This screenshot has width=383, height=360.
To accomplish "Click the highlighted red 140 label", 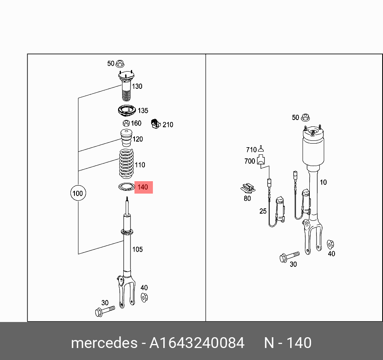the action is click(x=143, y=187).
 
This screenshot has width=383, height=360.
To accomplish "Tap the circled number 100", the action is click(x=77, y=194).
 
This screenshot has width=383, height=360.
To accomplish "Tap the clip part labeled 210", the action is click(x=155, y=124).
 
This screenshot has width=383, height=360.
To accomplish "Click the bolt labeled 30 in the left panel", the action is click(x=104, y=310).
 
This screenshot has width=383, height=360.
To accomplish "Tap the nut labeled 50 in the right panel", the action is click(x=305, y=118).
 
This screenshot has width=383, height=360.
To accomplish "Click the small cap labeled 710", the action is click(x=261, y=149).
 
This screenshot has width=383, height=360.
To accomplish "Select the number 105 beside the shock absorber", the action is click(x=137, y=249).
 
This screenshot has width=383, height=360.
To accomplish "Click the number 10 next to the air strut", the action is click(x=323, y=182).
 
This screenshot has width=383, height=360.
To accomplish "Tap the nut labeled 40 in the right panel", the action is click(x=331, y=244).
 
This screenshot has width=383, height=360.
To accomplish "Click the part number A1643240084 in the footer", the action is click(x=197, y=343).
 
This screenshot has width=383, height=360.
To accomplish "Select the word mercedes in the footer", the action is click(x=104, y=343).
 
